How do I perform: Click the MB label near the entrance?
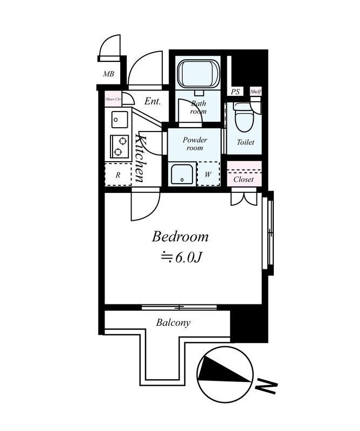[109, 73]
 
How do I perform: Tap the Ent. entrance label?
[153, 101]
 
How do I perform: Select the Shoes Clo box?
[113, 99]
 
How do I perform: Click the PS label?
[236, 92]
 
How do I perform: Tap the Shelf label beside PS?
[255, 92]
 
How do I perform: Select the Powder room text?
[194, 143]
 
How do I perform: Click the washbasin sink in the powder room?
[182, 173]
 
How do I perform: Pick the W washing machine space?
[208, 173]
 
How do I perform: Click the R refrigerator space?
[118, 174]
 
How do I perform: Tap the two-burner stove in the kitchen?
[119, 145]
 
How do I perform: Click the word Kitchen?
[139, 157]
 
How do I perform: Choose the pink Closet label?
[244, 179]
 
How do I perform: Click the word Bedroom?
[180, 237]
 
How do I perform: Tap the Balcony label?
[173, 323]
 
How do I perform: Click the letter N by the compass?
[266, 385]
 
